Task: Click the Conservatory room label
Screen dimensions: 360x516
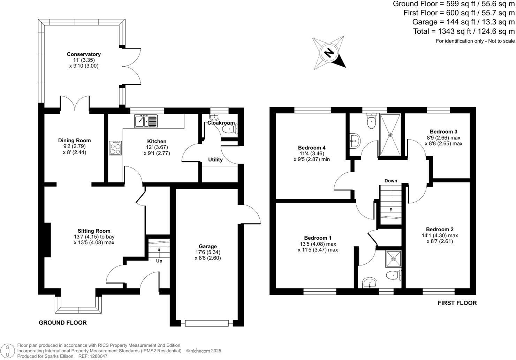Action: pyautogui.click(x=84, y=54)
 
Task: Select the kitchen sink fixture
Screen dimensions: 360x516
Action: pyautogui.click(x=146, y=121)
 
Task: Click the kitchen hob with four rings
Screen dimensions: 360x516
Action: pyautogui.click(x=115, y=148)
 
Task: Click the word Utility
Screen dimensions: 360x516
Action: pyautogui.click(x=215, y=160)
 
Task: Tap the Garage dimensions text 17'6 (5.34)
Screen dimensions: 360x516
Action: pyautogui.click(x=208, y=252)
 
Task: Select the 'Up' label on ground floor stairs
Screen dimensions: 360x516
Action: pyautogui.click(x=159, y=261)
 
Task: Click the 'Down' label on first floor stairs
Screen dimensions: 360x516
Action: pyautogui.click(x=390, y=181)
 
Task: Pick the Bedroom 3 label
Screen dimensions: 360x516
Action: pyautogui.click(x=443, y=132)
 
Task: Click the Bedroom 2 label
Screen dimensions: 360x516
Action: pyautogui.click(x=440, y=229)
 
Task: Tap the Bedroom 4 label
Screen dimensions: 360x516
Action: pyautogui.click(x=312, y=147)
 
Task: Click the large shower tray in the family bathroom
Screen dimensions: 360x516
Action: pyautogui.click(x=390, y=134)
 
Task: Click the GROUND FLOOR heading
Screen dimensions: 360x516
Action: pyautogui.click(x=62, y=323)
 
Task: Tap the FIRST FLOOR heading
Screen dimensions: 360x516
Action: pyautogui.click(x=457, y=303)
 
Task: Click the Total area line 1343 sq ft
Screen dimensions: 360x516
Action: pyautogui.click(x=463, y=31)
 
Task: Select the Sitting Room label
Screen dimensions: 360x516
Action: pyautogui.click(x=94, y=231)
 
